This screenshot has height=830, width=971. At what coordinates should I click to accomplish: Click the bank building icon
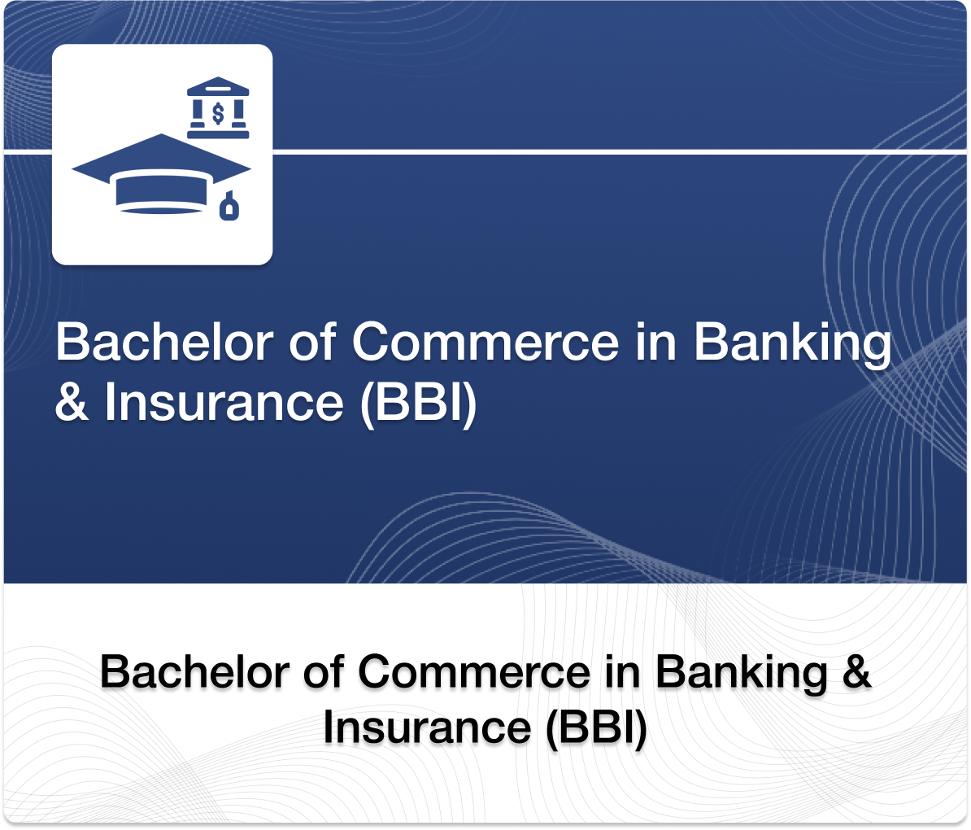pos(218,108)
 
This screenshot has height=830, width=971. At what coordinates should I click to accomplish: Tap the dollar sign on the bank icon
pos(218,111)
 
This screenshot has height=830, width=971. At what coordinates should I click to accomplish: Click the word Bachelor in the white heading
pos(163,342)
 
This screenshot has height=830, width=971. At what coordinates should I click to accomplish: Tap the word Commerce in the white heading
pos(485,342)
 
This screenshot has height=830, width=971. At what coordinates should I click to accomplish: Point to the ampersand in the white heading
pos(72,402)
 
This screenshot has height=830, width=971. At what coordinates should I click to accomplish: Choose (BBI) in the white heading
pos(418,402)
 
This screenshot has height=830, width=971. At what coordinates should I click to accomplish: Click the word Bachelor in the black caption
pos(195,673)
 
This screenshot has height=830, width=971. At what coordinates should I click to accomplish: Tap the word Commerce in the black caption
pos(474,673)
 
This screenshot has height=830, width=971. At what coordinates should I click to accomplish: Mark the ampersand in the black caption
pos(856,673)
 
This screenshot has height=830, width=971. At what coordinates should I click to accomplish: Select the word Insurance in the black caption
pos(427,727)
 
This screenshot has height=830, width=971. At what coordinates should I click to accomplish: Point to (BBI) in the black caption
pos(597,727)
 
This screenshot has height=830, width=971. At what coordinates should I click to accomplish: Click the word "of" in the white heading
pos(312,342)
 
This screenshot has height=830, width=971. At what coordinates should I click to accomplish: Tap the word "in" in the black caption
pos(623,673)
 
